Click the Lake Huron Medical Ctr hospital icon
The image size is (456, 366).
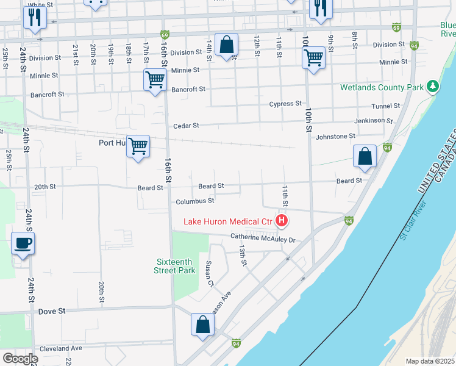pos(282,220)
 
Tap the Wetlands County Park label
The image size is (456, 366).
pos(382,87)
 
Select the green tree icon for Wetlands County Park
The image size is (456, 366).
pos(433,87)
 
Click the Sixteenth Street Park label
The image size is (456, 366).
pos(174,265)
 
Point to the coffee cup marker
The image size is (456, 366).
pos(23,243)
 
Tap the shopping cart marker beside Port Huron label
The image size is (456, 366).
pos(138,146)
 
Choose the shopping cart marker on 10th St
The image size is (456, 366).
pos(313,58)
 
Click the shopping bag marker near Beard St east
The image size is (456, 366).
pos(365,156)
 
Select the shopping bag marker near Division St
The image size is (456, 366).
pos(226,45)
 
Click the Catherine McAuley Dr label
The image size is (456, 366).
pos(262,239)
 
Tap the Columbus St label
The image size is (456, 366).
pos(195,201)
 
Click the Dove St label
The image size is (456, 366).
pos(52,311)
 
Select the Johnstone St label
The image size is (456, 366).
pos(335,137)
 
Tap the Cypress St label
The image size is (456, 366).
pos(285,104)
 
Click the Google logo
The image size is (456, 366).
pos(20,359)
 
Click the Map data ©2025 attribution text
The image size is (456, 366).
pos(430,361)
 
